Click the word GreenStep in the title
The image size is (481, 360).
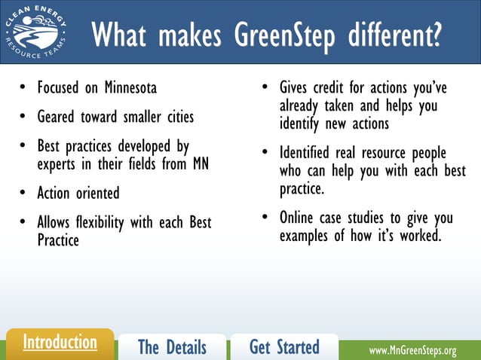[281, 35]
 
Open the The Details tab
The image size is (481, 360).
[172, 346]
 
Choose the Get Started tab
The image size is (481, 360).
[284, 346]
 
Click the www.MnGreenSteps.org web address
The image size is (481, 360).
[412, 351]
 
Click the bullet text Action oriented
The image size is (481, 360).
[78, 194]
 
